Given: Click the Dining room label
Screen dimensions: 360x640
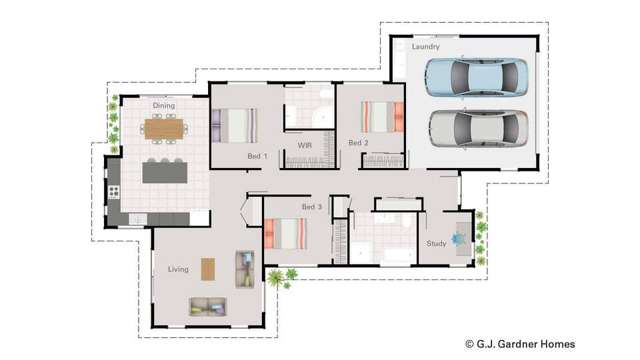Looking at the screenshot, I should [x=164, y=104].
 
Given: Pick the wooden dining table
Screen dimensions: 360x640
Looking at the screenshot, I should [x=164, y=129].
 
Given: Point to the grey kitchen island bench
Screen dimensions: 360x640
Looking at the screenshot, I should [x=165, y=172].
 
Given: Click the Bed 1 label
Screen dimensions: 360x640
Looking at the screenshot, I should [x=258, y=157].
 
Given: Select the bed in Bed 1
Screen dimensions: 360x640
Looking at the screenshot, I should [x=236, y=126].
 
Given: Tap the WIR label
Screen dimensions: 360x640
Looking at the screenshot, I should [x=305, y=146].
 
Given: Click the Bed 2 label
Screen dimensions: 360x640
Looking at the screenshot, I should [x=358, y=143].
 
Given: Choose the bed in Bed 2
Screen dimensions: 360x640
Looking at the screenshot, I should [x=382, y=117].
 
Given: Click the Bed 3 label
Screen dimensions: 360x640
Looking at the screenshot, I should [x=312, y=207].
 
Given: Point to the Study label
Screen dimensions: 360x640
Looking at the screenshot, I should [x=436, y=243].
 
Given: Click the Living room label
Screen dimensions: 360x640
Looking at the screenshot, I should [x=178, y=269].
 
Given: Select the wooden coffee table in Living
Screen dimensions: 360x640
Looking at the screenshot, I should [x=208, y=269].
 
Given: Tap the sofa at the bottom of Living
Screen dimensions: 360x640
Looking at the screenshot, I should [x=208, y=306].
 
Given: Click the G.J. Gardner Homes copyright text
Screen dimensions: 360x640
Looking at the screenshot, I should [x=520, y=343].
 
